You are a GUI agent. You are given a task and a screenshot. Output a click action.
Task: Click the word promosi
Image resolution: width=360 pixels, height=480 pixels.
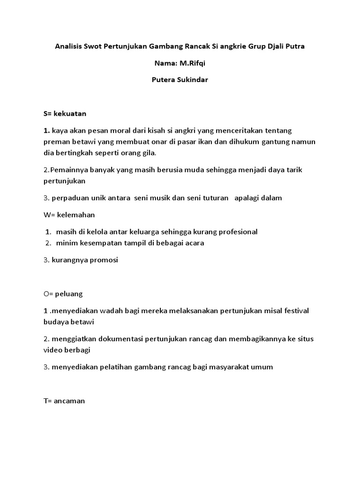coord(102,260)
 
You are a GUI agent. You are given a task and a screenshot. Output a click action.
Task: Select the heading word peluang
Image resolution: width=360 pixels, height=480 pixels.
coord(69,294)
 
